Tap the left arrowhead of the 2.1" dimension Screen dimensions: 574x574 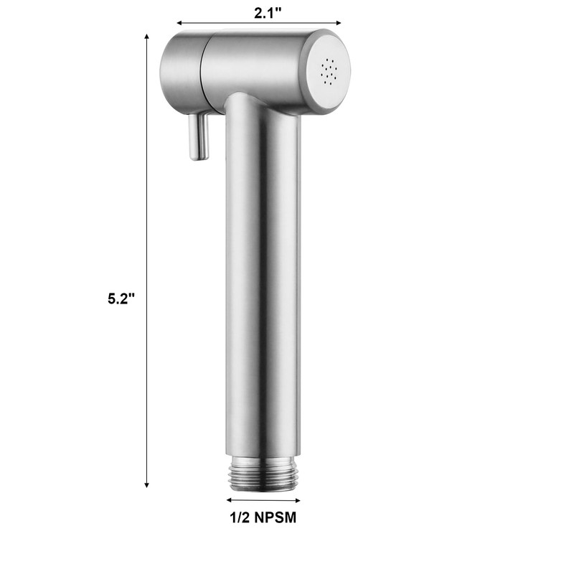(179, 22)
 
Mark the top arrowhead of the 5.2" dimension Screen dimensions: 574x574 (148, 36)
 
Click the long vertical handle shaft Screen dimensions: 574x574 (262, 287)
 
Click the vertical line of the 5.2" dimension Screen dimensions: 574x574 (148, 215)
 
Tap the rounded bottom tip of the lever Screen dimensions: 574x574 (199, 155)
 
